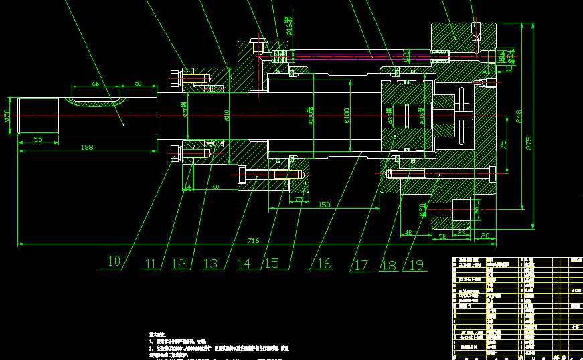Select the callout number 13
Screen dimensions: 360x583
click(x=210, y=264)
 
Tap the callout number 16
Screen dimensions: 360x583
click(x=324, y=264)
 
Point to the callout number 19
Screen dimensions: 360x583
click(x=415, y=265)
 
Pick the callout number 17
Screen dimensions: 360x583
click(x=361, y=265)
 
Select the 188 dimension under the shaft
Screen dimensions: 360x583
click(x=86, y=147)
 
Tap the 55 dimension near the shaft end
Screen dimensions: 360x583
click(x=37, y=139)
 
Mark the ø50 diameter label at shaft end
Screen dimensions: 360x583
click(x=7, y=116)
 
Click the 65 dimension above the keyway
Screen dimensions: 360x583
click(x=95, y=84)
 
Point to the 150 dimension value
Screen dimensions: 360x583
click(x=325, y=204)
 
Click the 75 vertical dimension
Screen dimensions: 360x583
click(x=504, y=144)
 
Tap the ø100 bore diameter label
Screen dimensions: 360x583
click(x=347, y=116)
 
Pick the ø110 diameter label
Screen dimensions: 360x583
click(x=226, y=117)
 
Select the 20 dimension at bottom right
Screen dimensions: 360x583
click(x=485, y=236)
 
